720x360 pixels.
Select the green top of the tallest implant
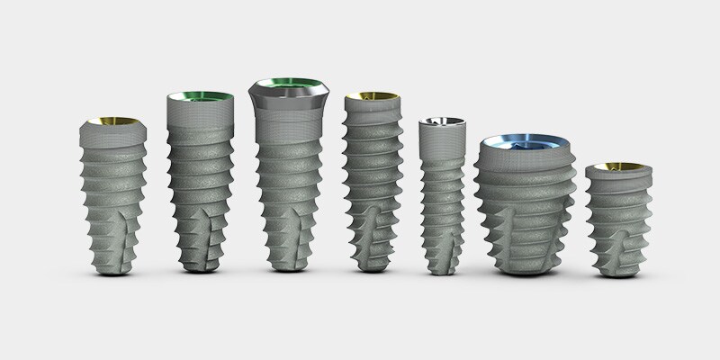coord(290,87)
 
